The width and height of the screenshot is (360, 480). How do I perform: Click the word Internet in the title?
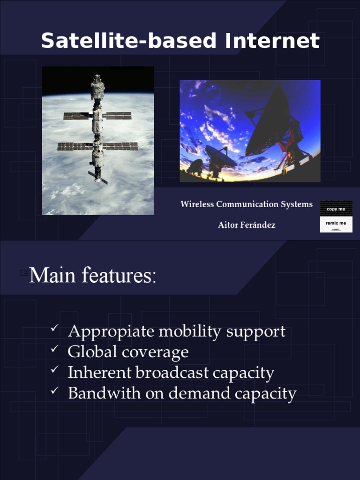[272, 41]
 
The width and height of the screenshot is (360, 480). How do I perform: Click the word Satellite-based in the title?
[128, 41]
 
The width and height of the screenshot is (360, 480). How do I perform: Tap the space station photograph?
[97, 141]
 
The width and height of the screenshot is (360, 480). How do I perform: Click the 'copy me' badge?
[336, 209]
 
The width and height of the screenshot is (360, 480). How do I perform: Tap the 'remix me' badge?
[336, 224]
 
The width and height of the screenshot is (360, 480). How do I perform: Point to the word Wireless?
[197, 204]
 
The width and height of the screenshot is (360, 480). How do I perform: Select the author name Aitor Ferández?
[247, 225]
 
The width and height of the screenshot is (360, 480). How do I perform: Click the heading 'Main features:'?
[92, 276]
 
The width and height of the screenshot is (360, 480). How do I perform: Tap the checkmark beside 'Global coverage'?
[54, 350]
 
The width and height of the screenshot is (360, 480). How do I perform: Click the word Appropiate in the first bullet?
[111, 332]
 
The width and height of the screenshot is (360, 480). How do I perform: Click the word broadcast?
[172, 373]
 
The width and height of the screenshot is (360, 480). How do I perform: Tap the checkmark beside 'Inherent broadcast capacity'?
[54, 370]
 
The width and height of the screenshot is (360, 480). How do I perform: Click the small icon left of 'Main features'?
[24, 273]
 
